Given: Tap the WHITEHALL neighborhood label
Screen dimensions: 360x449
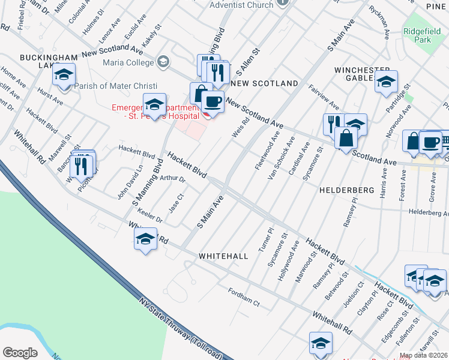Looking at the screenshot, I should [x=223, y=256].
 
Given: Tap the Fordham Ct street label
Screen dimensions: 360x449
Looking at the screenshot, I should [x=244, y=297].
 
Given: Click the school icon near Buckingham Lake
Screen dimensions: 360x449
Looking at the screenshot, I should [x=63, y=76].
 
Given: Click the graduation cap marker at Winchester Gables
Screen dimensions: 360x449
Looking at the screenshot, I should [x=386, y=82].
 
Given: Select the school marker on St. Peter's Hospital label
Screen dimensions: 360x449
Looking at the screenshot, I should [x=154, y=106].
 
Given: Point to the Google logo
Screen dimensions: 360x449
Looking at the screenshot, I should [x=20, y=353].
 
